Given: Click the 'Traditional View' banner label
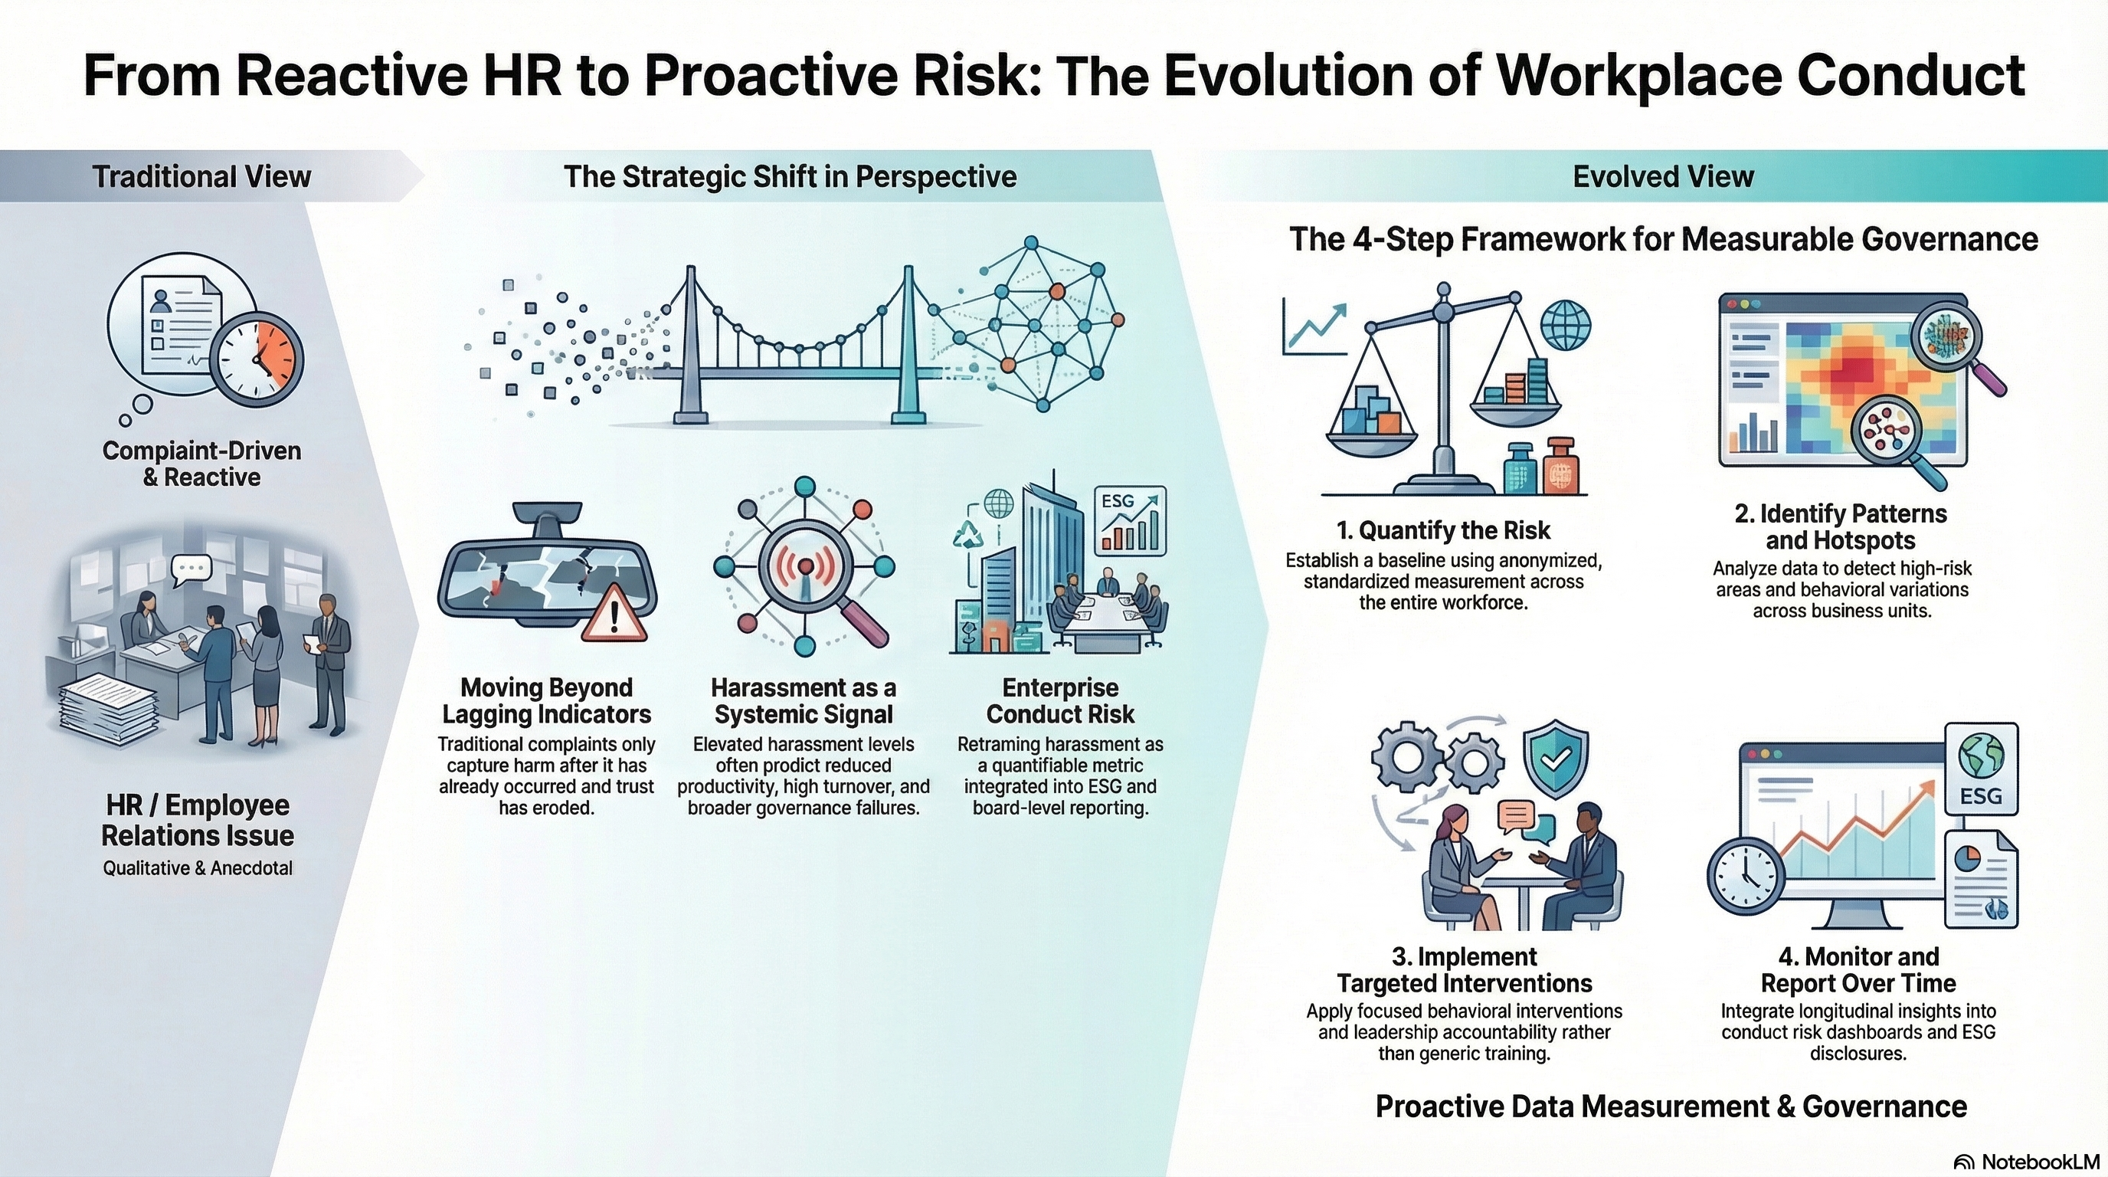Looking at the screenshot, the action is (x=201, y=177).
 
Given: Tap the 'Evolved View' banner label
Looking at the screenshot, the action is (x=1663, y=177).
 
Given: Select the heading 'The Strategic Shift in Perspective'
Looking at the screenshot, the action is (x=790, y=177).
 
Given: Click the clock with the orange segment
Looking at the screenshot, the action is (x=256, y=359).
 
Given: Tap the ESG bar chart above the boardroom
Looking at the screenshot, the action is (x=1130, y=520).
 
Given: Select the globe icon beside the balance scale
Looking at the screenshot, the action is (x=1566, y=325).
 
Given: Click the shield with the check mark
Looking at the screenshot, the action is (x=1555, y=759).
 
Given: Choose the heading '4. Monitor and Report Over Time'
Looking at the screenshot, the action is (x=1858, y=969).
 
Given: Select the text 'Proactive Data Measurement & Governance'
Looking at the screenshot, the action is (x=1671, y=1107).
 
